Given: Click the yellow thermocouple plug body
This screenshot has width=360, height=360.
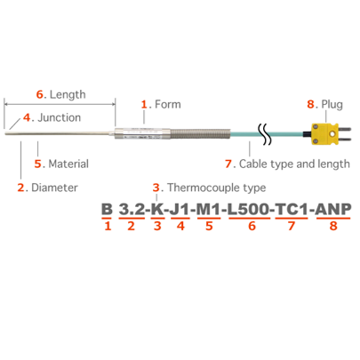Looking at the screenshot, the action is click(324, 134).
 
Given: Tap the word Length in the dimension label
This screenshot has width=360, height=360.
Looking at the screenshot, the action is click(68, 94).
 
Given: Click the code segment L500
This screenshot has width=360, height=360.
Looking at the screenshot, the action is click(249, 209).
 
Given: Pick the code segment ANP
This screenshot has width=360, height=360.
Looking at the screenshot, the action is click(333, 209).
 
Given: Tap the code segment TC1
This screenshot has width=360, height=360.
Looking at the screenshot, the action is click(292, 209).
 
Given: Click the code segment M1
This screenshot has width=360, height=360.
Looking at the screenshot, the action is click(209, 209).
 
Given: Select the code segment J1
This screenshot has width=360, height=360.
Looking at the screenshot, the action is click(180, 209).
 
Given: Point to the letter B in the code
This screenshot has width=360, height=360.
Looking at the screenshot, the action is click(107, 209).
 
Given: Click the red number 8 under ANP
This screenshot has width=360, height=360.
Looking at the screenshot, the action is click(333, 226).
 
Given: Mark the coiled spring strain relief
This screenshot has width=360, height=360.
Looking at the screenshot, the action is click(200, 134).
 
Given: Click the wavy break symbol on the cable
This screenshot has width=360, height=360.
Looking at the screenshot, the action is click(265, 134).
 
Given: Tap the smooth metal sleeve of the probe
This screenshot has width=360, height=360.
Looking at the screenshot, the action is click(142, 133).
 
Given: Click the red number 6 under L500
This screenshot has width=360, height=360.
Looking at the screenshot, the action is click(252, 226).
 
